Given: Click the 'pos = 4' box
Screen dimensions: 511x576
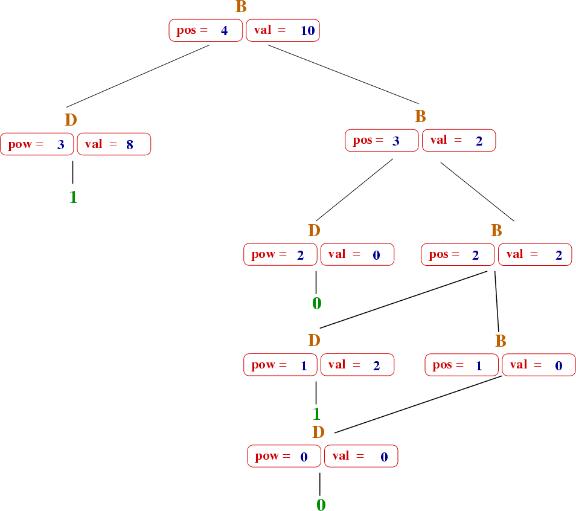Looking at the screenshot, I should [205, 31].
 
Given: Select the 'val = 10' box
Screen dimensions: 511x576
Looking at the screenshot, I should [283, 31].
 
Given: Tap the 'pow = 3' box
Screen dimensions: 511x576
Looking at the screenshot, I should [37, 144].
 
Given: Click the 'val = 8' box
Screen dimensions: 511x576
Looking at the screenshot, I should [114, 144].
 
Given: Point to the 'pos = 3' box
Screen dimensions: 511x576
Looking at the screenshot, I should [382, 141].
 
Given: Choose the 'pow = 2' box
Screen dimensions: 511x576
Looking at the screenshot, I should [280, 254].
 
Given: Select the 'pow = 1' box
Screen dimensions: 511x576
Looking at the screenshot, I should [280, 365].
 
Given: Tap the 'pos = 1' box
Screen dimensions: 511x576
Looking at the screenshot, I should [462, 365].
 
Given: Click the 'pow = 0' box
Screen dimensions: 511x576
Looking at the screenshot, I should [284, 456].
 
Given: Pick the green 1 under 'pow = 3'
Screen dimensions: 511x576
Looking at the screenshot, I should [73, 198].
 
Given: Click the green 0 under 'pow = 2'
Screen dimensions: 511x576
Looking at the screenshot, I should [316, 303].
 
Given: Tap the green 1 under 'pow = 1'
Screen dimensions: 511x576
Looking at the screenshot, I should [316, 414].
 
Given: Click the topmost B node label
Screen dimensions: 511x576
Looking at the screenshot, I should [241, 7].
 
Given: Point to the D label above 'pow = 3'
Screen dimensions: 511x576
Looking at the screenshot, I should [71, 120].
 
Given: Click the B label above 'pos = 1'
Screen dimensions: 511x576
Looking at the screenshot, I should [501, 341].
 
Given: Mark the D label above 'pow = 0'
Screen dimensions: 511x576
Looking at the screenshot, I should [319, 432].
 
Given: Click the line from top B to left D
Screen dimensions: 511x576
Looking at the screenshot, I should [138, 77].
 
